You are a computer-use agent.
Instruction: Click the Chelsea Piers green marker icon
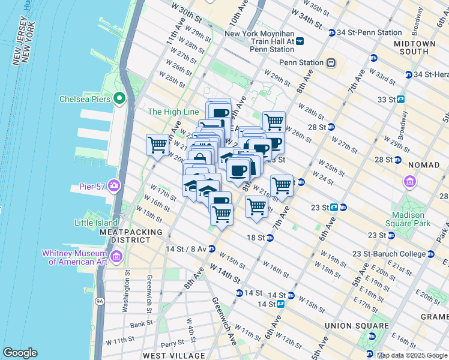(119, 98)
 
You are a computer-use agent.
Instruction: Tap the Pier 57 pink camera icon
(113, 187)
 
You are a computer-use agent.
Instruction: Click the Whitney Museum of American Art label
(74, 257)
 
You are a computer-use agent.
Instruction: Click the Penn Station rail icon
(330, 62)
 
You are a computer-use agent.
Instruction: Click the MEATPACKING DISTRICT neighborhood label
(131, 236)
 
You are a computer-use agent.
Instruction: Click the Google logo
(20, 352)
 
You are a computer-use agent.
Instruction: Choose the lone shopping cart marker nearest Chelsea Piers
(157, 145)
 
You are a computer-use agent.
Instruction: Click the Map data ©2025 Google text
(411, 355)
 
